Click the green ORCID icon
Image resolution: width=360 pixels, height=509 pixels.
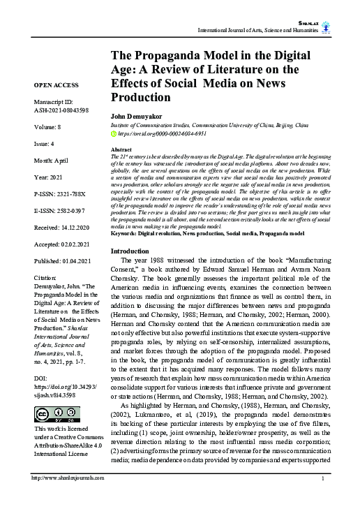[114, 132]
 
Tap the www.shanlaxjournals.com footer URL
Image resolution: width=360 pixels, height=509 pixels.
[68, 497]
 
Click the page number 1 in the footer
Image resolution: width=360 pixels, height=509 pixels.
[322, 497]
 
